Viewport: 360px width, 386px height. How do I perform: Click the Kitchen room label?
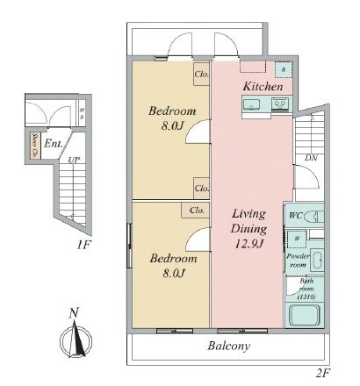(x=262, y=87)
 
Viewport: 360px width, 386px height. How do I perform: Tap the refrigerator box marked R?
(x=283, y=69)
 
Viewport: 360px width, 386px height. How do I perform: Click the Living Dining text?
(x=249, y=220)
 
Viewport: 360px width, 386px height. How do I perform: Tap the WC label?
(x=296, y=215)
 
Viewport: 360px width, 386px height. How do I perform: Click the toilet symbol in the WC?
(x=317, y=216)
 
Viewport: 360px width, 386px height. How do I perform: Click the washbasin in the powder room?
(x=318, y=259)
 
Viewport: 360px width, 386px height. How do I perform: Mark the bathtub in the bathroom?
(x=308, y=315)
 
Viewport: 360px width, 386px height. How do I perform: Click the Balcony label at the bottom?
(x=229, y=346)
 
